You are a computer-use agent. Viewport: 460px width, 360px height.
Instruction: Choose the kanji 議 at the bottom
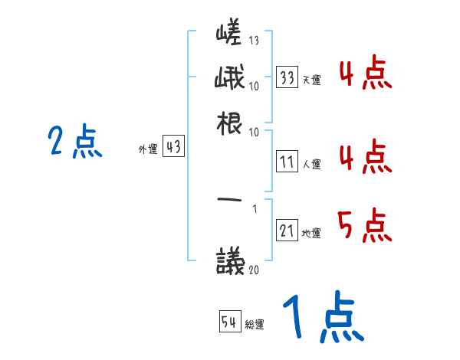[x=232, y=261]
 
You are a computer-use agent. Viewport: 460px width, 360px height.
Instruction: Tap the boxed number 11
[x=287, y=162]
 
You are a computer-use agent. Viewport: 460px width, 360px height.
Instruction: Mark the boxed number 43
[x=173, y=147]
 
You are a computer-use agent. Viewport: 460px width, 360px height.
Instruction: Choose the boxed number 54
[x=230, y=322]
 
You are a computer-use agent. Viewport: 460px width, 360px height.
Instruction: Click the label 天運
[x=311, y=80]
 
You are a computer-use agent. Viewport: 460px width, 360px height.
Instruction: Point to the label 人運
[x=311, y=164]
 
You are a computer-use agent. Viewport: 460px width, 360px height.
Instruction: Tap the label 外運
[x=147, y=149]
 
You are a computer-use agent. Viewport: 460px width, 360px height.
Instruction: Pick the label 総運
[x=255, y=324]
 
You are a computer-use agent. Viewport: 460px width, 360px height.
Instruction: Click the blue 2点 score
[x=74, y=142]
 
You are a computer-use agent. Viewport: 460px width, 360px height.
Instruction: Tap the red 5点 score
[x=364, y=227]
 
